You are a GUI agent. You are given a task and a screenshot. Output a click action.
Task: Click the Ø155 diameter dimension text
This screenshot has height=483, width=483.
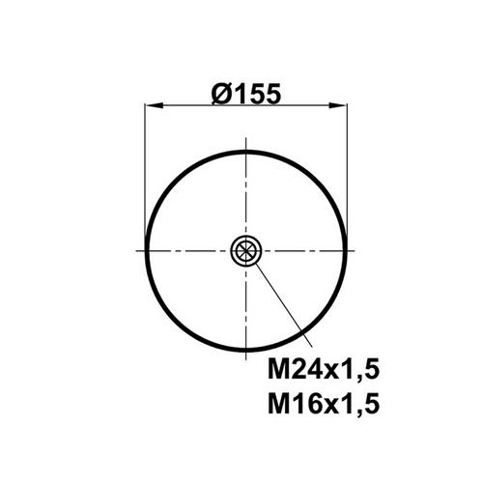(x=246, y=94)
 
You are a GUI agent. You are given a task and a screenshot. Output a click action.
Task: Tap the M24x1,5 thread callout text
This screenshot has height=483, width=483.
(x=324, y=369)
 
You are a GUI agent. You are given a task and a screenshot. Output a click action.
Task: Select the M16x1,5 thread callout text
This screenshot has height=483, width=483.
(x=324, y=403)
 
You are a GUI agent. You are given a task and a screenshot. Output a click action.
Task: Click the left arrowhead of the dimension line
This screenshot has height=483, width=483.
(x=154, y=105)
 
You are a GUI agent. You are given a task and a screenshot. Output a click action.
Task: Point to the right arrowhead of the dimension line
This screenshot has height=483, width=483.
(x=338, y=105)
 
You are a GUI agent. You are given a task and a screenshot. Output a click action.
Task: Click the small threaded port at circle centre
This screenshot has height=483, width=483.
(x=246, y=250)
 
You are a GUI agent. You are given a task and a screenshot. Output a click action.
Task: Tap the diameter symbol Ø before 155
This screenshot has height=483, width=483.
(x=222, y=95)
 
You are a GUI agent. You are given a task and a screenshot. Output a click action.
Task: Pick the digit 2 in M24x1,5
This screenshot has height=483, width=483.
(x=297, y=369)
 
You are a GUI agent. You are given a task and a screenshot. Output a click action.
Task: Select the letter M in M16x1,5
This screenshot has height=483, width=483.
(x=277, y=404)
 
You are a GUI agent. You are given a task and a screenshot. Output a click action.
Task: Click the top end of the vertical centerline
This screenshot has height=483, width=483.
(x=246, y=137)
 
